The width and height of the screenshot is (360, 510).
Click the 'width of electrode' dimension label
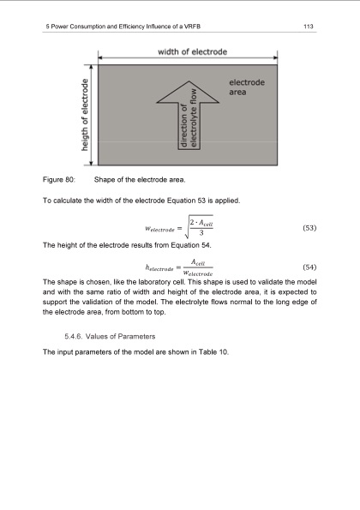click(193, 52)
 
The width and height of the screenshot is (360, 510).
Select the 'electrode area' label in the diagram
click(247, 87)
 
